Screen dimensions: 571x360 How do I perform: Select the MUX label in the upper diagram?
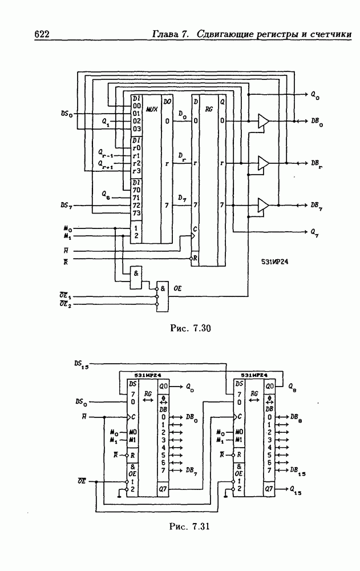pos(152,108)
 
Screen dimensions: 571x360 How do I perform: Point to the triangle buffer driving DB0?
pos(263,121)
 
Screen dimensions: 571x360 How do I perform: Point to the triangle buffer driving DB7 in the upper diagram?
pos(263,204)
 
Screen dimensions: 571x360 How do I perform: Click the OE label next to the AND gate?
pos(177,288)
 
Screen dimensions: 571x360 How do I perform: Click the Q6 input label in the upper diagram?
pos(107,196)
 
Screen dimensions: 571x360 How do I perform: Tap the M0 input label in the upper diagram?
pos(68,228)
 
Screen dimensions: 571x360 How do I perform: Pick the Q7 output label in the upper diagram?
pos(315,232)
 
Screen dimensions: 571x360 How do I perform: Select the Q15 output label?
pos(296,489)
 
